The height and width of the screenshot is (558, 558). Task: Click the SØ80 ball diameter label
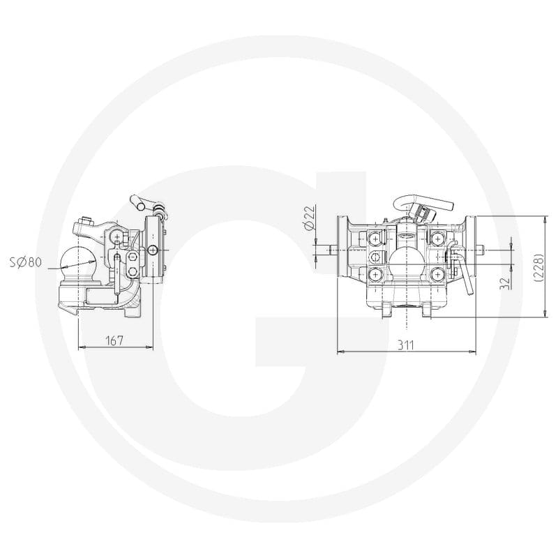pos(26,262)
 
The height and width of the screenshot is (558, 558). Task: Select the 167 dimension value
pos(114,340)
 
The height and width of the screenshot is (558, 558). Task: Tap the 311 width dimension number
pos(406,345)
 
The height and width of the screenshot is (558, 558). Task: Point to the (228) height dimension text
pos(540,268)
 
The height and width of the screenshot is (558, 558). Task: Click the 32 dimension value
pos(505,283)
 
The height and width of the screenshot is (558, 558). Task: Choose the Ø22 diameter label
pos(310,218)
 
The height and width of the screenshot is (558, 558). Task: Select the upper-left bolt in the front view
pos(375,238)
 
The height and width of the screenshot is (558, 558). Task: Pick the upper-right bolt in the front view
pos(437,238)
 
